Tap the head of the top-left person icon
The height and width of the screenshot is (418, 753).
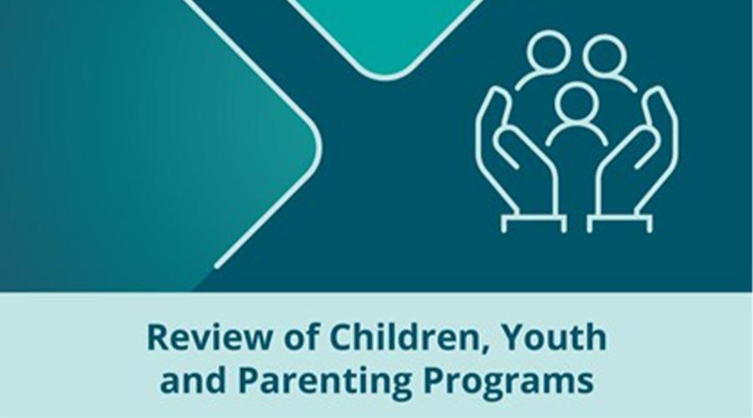point(548,52)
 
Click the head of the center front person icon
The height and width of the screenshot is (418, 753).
point(576,103)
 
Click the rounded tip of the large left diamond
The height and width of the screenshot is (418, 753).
point(318,144)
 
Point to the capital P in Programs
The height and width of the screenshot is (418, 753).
point(436,380)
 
